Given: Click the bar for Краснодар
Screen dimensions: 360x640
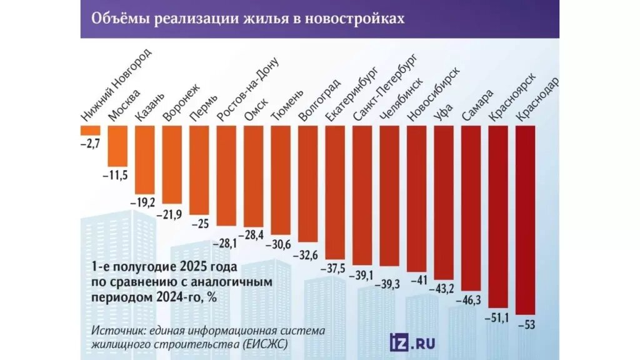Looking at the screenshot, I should pyautogui.click(x=526, y=219).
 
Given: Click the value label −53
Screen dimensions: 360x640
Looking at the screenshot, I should pyautogui.click(x=526, y=324).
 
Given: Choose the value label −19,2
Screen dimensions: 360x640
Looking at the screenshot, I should pyautogui.click(x=144, y=202).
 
